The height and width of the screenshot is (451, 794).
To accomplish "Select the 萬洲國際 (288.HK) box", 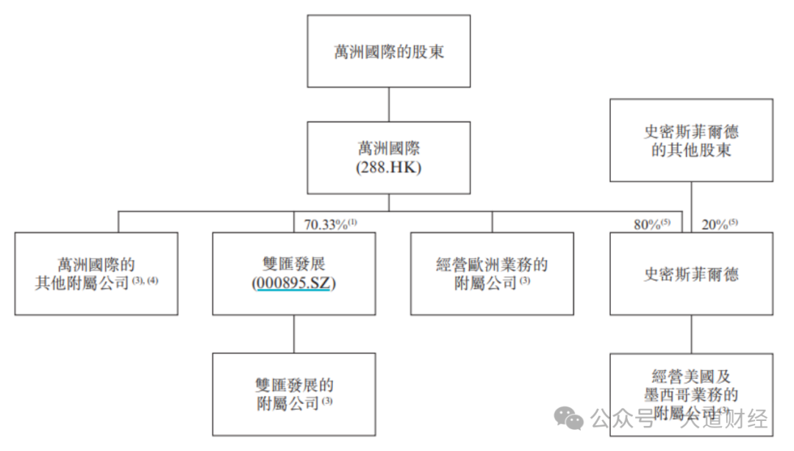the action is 388,157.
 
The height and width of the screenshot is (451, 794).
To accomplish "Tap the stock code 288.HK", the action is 388,168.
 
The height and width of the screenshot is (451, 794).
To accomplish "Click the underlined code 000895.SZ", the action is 294,284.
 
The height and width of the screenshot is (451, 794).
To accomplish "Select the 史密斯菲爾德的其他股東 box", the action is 691,140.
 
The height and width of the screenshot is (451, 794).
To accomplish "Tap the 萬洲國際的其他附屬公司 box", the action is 96,274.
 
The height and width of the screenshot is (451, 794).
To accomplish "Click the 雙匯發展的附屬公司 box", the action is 294,394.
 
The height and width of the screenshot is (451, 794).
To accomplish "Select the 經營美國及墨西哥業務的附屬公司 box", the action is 691,394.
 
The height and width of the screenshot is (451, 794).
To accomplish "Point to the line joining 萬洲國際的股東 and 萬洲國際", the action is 388,104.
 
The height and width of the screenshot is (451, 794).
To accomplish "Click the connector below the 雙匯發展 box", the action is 294,333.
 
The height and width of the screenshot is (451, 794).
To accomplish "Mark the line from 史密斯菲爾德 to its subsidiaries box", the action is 691,333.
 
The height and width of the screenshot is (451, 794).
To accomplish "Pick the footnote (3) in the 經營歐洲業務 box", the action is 525,282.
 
